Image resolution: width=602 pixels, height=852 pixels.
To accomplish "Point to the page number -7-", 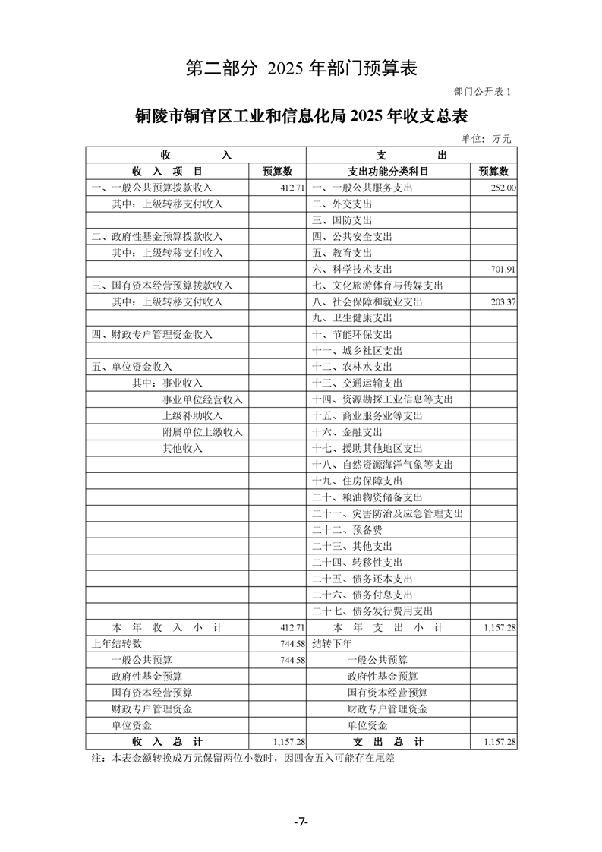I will tap(301, 822).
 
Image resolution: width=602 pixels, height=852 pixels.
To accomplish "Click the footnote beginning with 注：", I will tap(244, 758).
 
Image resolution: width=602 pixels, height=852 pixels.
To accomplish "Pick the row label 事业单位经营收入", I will tap(202, 399).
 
